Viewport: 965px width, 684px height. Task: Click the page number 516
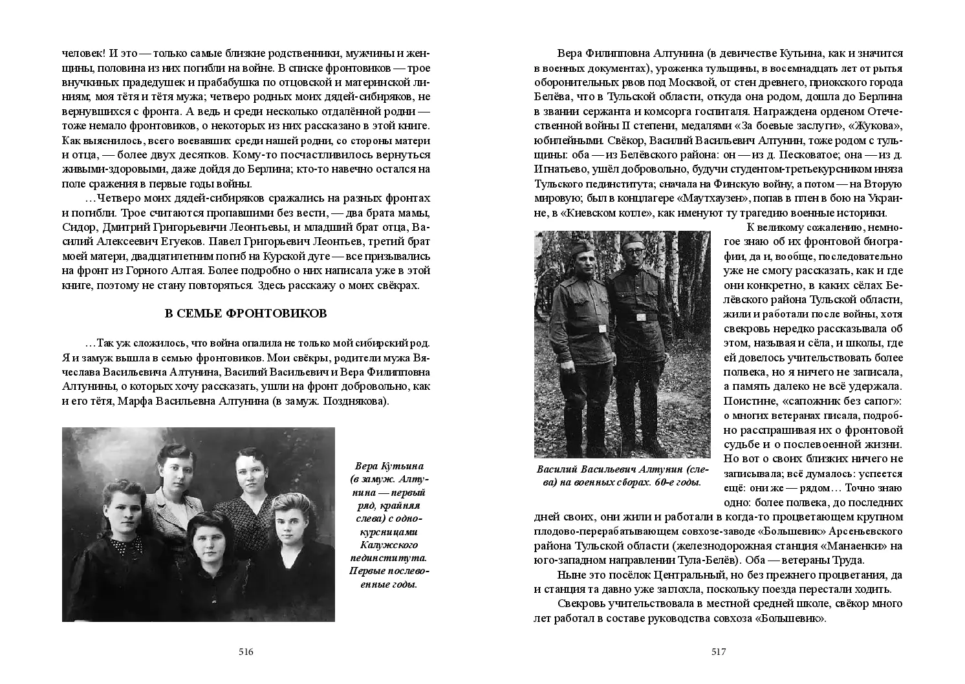click(x=246, y=652)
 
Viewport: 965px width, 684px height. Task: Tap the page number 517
click(x=719, y=652)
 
